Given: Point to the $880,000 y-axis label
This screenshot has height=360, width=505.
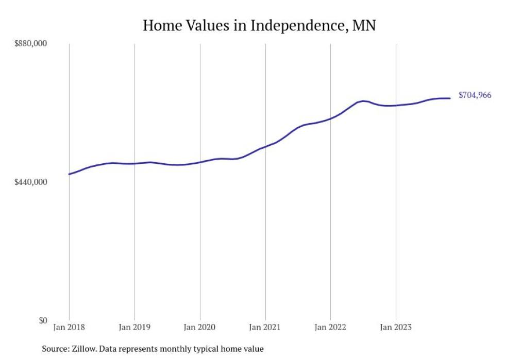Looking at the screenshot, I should (30, 44).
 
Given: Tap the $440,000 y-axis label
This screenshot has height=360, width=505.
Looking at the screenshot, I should (30, 182).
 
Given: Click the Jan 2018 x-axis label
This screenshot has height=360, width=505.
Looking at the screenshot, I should (69, 327).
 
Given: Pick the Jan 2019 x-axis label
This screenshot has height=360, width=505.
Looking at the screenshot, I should (134, 327).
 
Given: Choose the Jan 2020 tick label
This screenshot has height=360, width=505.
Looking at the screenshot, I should (200, 327).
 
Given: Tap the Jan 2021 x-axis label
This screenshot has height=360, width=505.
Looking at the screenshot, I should (265, 327).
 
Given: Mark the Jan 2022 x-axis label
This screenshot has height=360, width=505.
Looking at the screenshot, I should (330, 327).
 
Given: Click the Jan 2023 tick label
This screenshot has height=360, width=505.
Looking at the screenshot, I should (396, 327).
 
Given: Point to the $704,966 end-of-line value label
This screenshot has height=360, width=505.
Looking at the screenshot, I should (475, 95).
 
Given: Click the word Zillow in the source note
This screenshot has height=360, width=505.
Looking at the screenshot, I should (85, 349).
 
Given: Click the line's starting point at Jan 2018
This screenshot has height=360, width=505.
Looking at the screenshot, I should (69, 174).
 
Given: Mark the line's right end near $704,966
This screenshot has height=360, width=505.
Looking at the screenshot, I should (450, 98).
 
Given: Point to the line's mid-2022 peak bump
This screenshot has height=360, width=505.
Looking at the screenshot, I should (363, 101).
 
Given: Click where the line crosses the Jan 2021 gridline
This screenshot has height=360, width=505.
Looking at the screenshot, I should (265, 146).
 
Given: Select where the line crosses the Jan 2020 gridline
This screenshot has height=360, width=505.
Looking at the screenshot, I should (200, 162).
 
